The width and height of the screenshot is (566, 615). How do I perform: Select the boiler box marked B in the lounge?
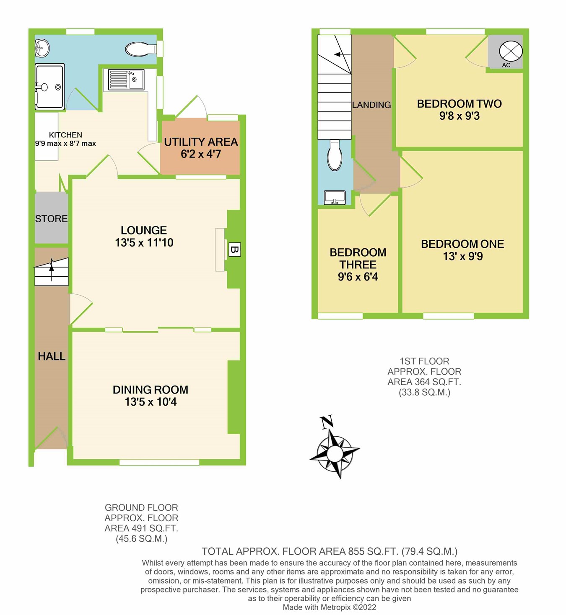click(234, 250)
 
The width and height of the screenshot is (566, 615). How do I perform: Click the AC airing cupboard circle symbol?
click(511, 51)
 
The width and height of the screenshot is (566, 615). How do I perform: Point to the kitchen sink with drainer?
click(126, 80)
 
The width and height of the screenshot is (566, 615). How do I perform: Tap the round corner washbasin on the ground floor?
click(42, 48)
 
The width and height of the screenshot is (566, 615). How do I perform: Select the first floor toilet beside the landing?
click(335, 155)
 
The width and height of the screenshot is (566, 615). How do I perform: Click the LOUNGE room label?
click(144, 230)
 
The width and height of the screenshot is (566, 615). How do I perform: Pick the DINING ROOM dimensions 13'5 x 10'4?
click(151, 402)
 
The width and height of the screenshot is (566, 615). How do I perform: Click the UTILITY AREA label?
click(201, 142)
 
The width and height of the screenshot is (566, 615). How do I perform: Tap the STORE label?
click(51, 219)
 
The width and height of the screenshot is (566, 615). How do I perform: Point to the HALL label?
click(52, 356)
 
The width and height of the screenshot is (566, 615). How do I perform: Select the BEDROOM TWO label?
click(459, 104)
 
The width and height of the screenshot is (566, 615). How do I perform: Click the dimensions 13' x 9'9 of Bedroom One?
click(462, 256)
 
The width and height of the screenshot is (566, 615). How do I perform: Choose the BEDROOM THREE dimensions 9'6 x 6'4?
click(358, 277)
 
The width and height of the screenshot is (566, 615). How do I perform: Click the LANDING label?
click(371, 105)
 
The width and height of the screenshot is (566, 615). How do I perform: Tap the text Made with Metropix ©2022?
click(329, 607)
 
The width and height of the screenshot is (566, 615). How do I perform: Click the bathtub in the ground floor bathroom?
click(49, 87)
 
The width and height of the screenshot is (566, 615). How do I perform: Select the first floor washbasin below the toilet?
click(335, 198)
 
